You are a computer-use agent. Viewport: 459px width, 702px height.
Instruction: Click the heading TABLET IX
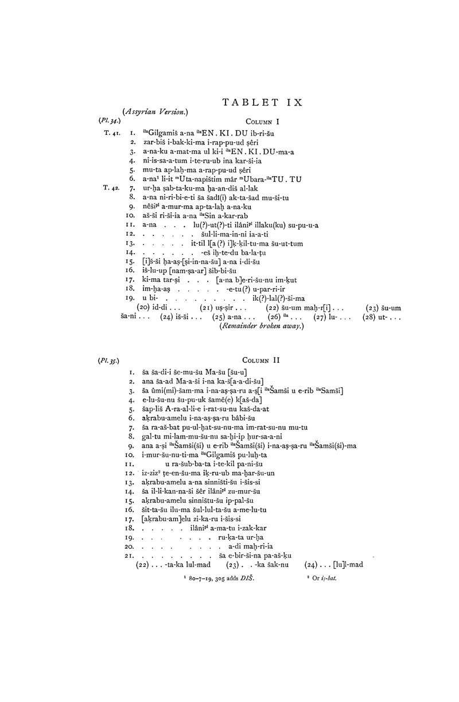tap(262, 103)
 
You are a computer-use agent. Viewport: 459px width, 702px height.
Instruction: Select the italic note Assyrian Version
tap(155, 112)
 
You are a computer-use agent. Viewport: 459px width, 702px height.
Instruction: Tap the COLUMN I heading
tap(262, 122)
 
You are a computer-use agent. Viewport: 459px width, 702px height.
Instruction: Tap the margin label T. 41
tap(111, 133)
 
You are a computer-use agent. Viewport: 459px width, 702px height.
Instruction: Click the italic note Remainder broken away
tap(262, 326)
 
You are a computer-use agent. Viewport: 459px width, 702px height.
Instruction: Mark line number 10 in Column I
tap(130, 216)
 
